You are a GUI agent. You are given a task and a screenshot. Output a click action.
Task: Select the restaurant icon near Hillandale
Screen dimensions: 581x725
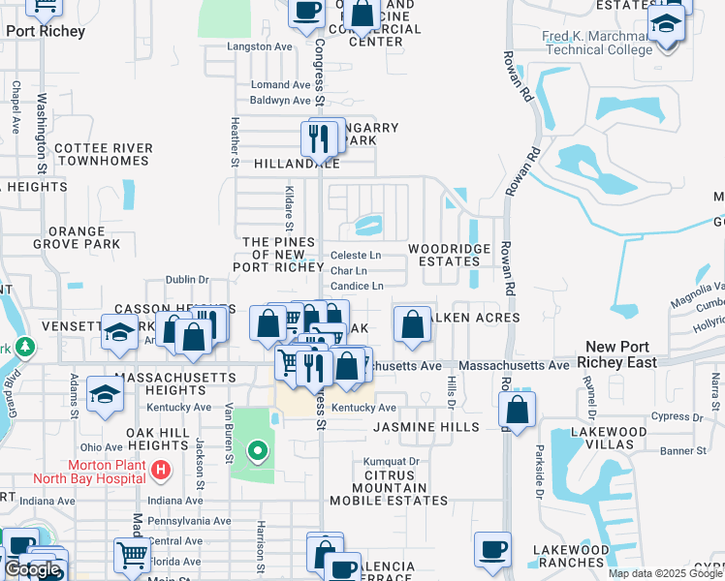pos(319,140)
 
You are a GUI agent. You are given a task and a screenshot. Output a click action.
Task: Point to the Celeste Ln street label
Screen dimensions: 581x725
pos(356,255)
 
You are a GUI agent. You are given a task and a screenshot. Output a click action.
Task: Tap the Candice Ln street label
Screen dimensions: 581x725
pos(357,286)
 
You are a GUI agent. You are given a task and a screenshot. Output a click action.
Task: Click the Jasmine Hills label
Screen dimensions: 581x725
pos(426,427)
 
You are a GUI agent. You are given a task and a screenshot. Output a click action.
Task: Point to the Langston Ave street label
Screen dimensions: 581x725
pos(259,46)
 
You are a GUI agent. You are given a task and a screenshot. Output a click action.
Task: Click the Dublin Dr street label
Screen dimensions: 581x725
pos(187,279)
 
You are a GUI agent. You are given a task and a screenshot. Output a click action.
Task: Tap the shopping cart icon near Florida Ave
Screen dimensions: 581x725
pos(132,555)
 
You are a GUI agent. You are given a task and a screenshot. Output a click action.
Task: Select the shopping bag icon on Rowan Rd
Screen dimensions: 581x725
pos(518,411)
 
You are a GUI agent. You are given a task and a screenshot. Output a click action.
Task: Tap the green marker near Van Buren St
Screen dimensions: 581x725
pos(257,450)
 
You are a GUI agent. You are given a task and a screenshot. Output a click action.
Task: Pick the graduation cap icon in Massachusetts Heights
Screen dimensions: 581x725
pos(104,394)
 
